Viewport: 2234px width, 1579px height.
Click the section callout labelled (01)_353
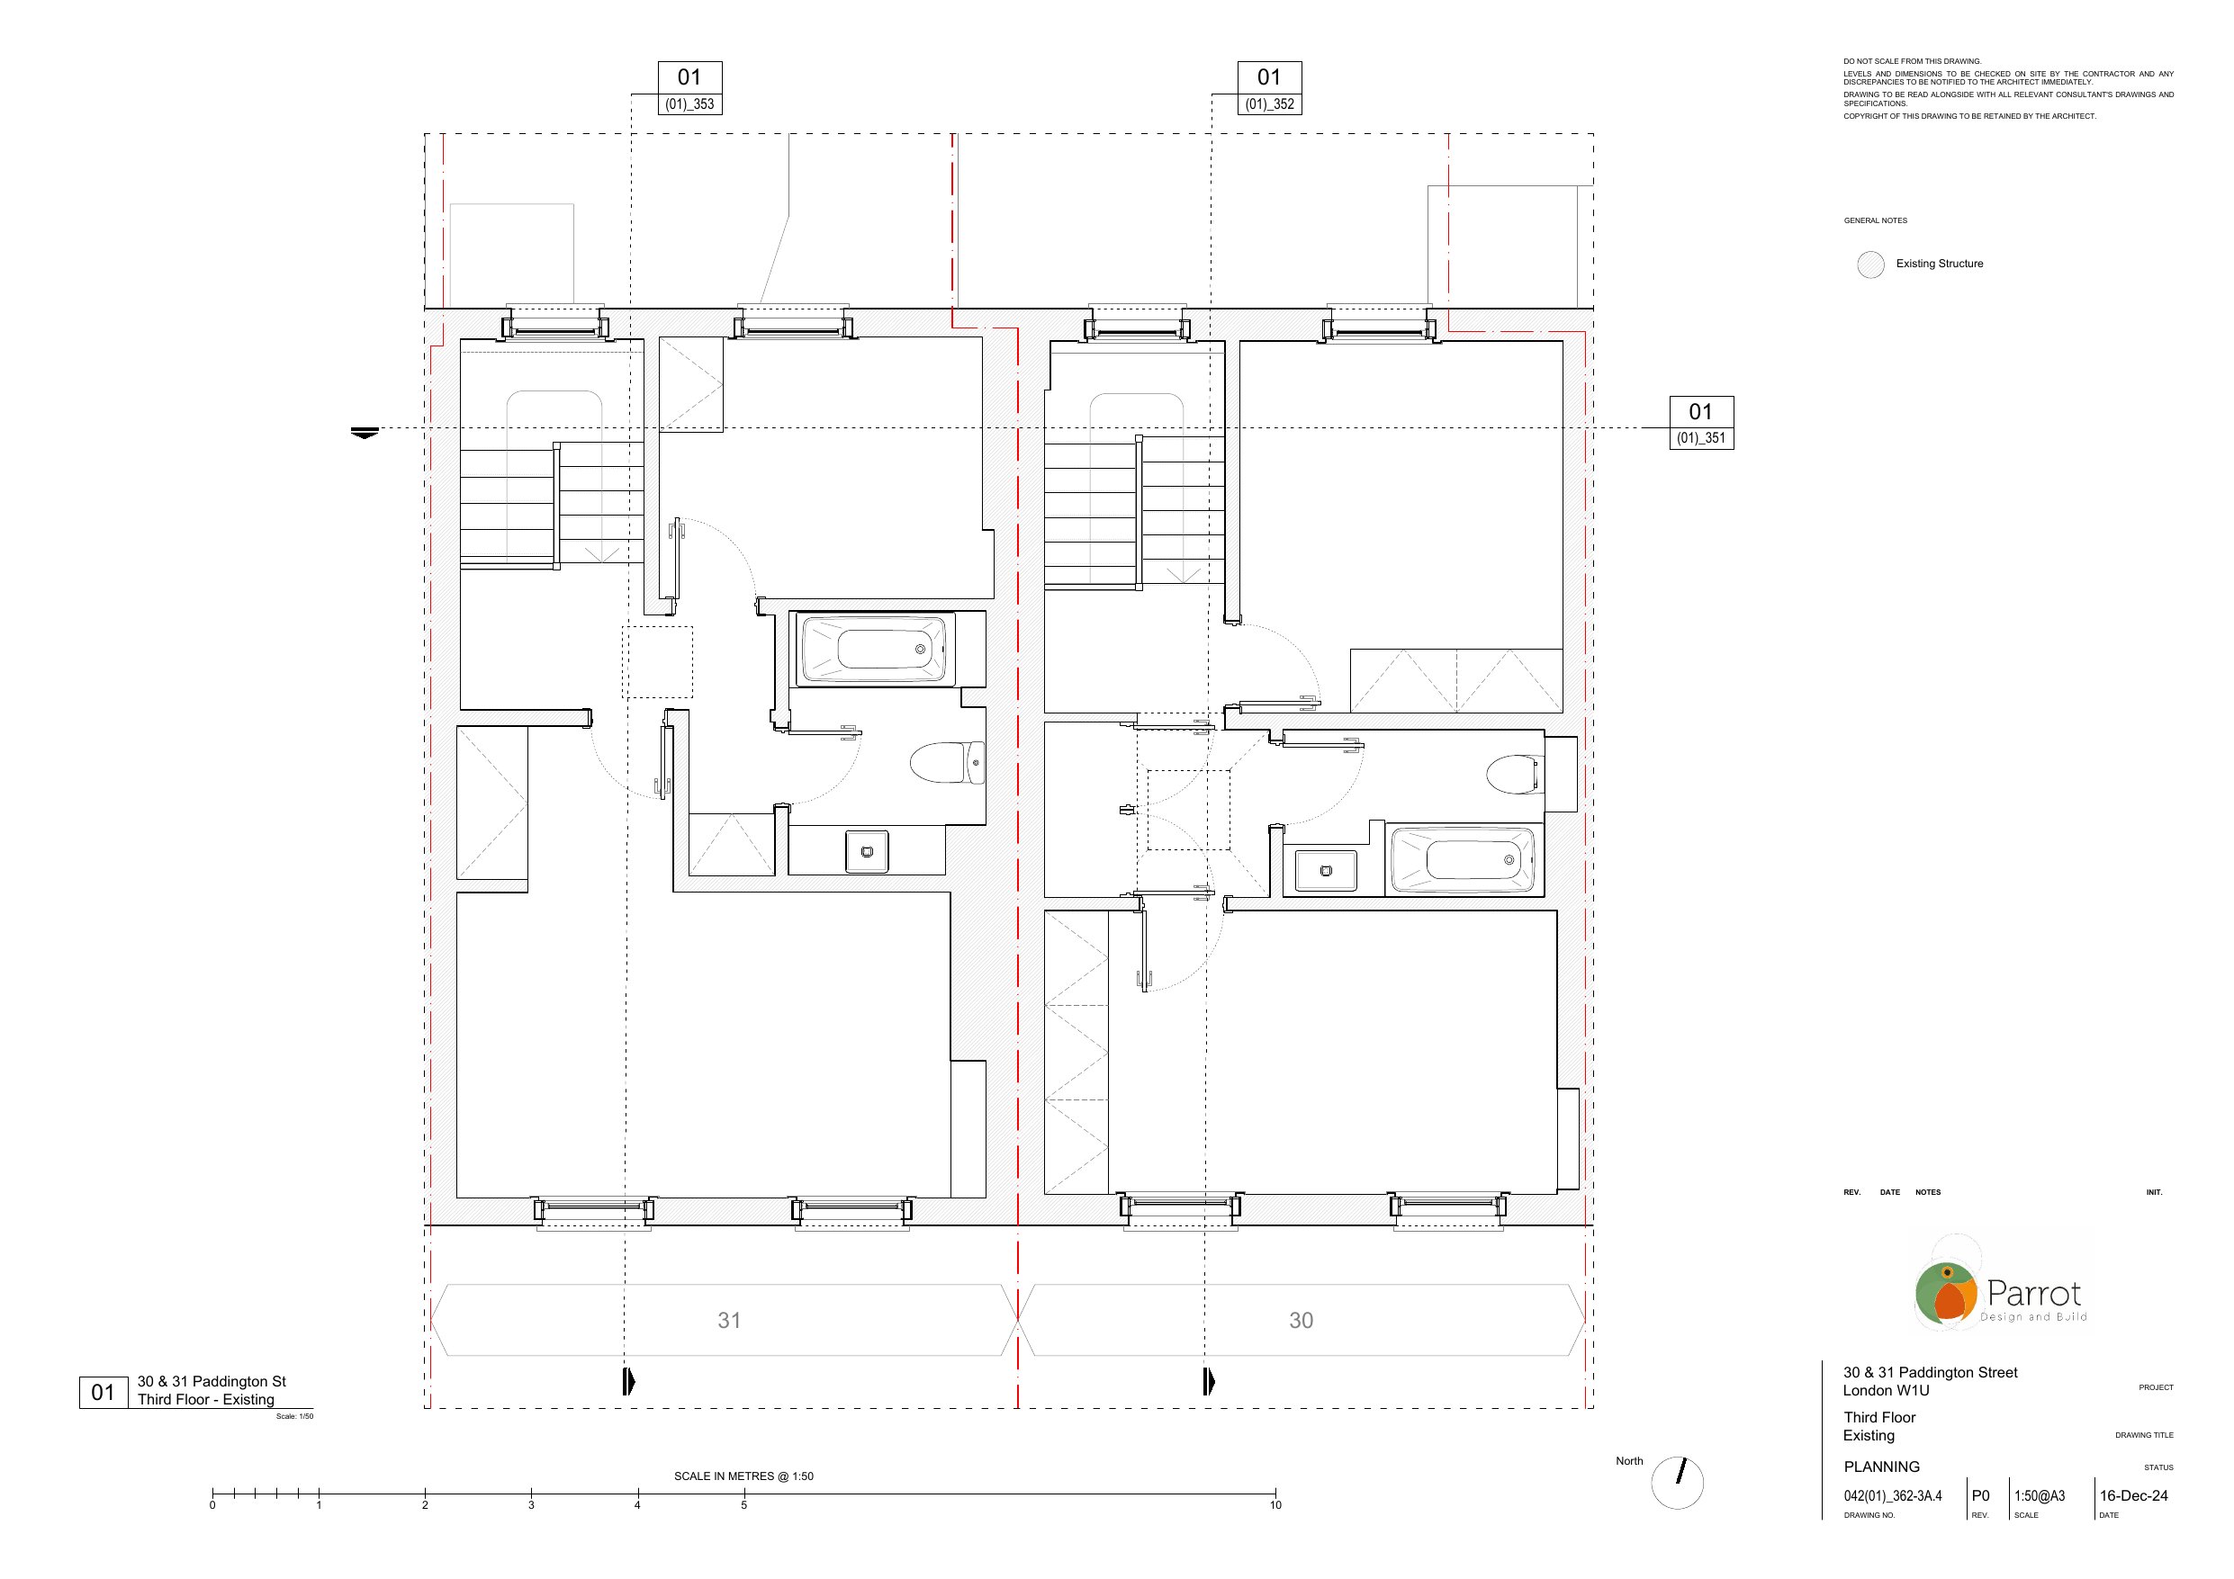pyautogui.click(x=689, y=88)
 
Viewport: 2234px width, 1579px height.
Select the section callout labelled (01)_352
pyautogui.click(x=1270, y=88)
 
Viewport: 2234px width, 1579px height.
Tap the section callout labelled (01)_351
pyautogui.click(x=1702, y=423)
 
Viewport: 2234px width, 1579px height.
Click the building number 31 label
pyautogui.click(x=730, y=1320)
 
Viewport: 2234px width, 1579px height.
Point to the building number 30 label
pyautogui.click(x=1301, y=1320)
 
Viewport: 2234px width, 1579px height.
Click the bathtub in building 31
pyautogui.click(x=873, y=650)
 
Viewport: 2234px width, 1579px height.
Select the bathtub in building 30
pyautogui.click(x=1463, y=859)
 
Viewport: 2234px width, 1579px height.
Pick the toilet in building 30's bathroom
pyautogui.click(x=1513, y=775)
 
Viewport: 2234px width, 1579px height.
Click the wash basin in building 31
pyautogui.click(x=867, y=851)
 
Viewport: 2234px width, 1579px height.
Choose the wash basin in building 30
pyautogui.click(x=1325, y=871)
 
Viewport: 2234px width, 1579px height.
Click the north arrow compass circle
pyautogui.click(x=1678, y=1483)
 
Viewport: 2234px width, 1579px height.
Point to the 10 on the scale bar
pyautogui.click(x=1275, y=1505)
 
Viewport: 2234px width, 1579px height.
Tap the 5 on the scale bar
pyautogui.click(x=744, y=1505)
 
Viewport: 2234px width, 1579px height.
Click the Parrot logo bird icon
pyautogui.click(x=1946, y=1293)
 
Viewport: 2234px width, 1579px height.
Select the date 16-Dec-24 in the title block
pyautogui.click(x=2134, y=1496)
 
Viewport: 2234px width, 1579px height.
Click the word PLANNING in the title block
pyautogui.click(x=1882, y=1467)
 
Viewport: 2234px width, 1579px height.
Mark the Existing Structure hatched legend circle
pyautogui.click(x=1870, y=265)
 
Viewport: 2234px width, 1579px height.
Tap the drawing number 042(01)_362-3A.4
pyautogui.click(x=1893, y=1496)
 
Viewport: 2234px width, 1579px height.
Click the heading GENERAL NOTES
pyautogui.click(x=1875, y=220)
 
